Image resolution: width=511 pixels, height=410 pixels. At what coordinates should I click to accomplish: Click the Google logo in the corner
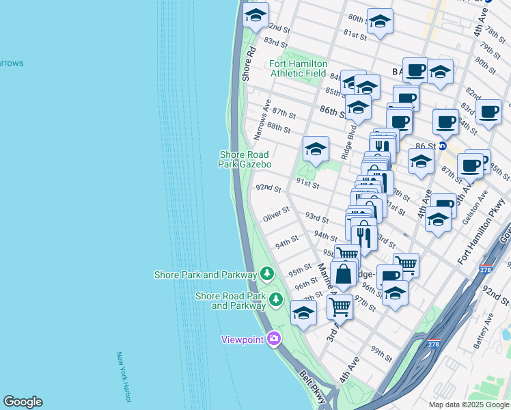pos(23,402)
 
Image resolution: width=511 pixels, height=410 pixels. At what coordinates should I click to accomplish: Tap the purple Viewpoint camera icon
pos(274,338)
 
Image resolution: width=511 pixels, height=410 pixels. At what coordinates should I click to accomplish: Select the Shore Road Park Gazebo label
pos(245,160)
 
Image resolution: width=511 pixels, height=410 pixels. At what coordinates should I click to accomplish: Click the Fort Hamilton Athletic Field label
pos(299,68)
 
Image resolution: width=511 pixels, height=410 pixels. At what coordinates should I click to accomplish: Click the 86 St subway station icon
pos(443,146)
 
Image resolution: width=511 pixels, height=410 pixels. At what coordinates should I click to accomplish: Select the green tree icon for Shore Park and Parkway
pos(266,274)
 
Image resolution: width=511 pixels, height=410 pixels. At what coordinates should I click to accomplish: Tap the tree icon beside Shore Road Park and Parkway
pos(276,299)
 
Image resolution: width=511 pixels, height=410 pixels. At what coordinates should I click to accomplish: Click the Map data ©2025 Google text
pos(468,405)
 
